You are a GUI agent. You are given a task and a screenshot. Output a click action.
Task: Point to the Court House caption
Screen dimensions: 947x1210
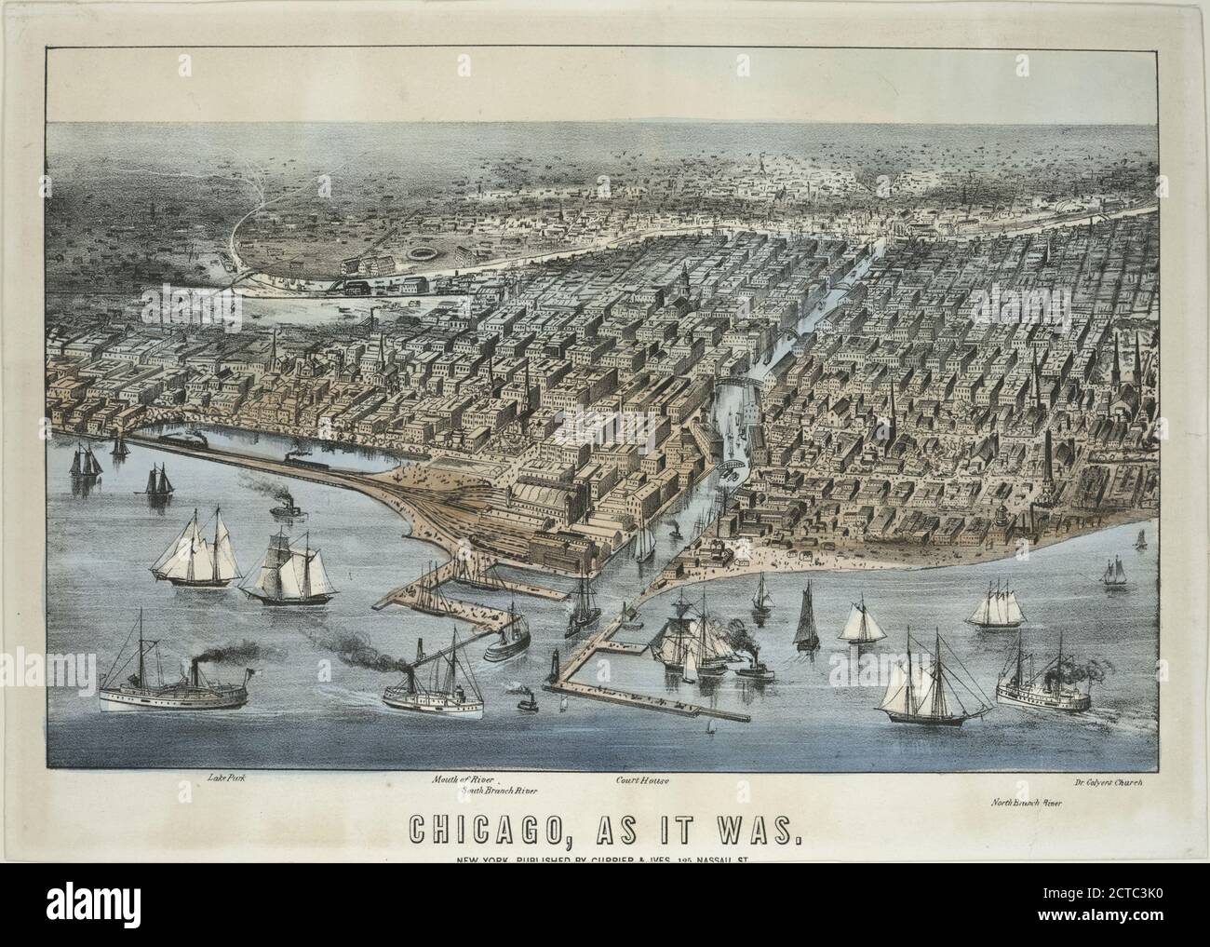pos(642,778)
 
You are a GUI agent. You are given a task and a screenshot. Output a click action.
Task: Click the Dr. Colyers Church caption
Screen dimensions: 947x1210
pos(1106,783)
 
